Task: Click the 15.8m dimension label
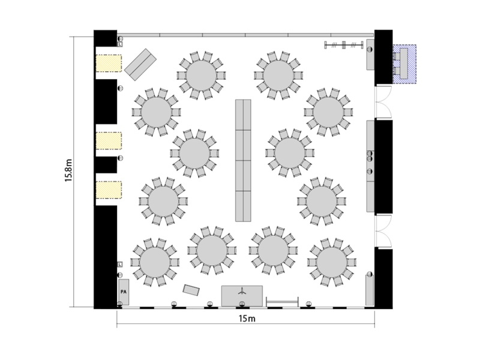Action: pyautogui.click(x=68, y=170)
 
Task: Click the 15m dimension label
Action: pyautogui.click(x=247, y=319)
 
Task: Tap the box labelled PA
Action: pyautogui.click(x=124, y=292)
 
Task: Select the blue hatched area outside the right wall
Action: pyautogui.click(x=404, y=64)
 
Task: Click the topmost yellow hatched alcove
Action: pyautogui.click(x=109, y=64)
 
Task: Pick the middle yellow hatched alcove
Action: pyautogui.click(x=109, y=141)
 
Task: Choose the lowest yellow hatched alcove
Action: pyautogui.click(x=109, y=190)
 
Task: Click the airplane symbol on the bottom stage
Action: pyautogui.click(x=242, y=291)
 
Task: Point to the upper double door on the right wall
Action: pyautogui.click(x=383, y=102)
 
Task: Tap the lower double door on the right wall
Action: pyautogui.click(x=383, y=231)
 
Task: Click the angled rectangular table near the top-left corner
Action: pyautogui.click(x=140, y=65)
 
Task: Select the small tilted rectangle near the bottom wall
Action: pyautogui.click(x=191, y=290)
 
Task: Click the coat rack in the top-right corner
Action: pyautogui.click(x=344, y=46)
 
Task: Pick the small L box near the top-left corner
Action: pyautogui.click(x=120, y=44)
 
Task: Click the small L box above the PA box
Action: pyautogui.click(x=120, y=264)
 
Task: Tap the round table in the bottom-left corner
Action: pyautogui.click(x=155, y=262)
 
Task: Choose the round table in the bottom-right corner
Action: pyautogui.click(x=332, y=262)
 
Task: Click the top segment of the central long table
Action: pyautogui.click(x=243, y=115)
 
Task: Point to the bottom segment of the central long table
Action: pyautogui.click(x=243, y=206)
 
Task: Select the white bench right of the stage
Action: pyautogui.click(x=282, y=301)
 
